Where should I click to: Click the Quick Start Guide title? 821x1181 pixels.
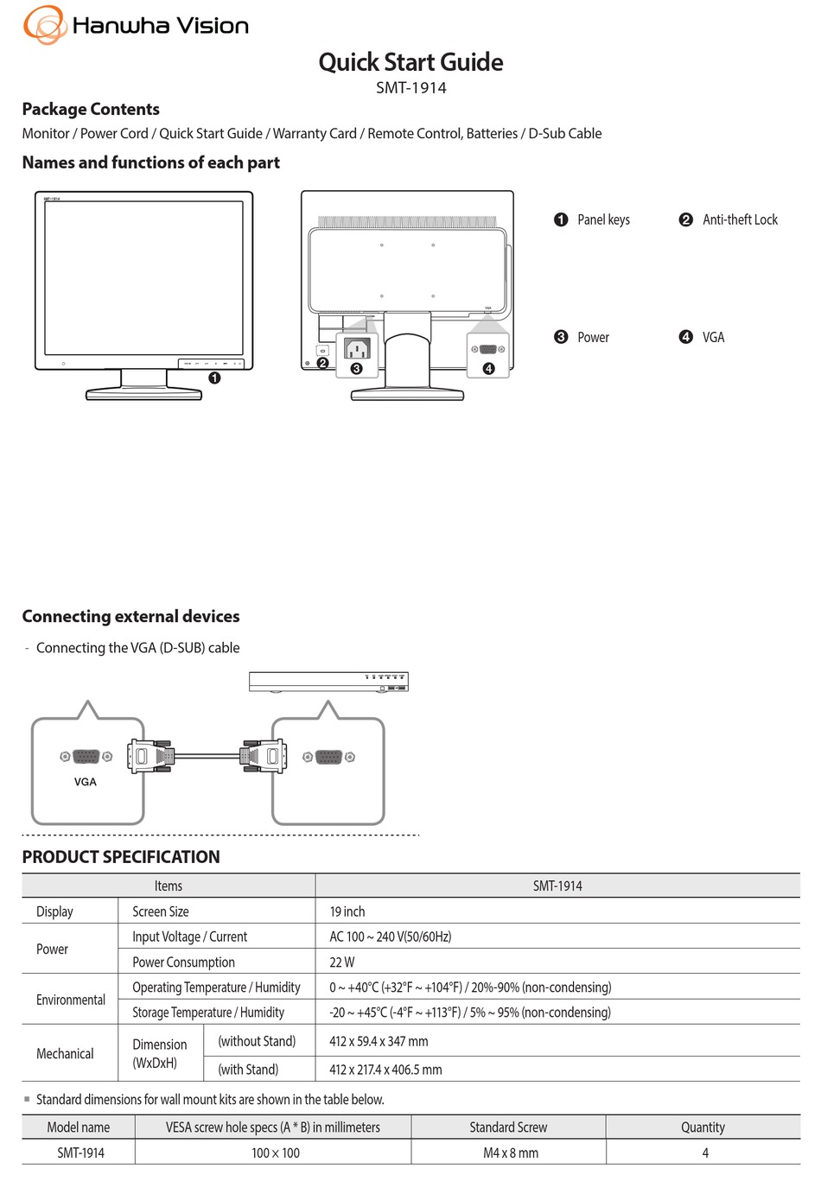click(x=410, y=62)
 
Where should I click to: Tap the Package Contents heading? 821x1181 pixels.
click(x=91, y=110)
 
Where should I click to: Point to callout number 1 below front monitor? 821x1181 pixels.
click(x=214, y=378)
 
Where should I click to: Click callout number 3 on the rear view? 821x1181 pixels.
click(x=357, y=369)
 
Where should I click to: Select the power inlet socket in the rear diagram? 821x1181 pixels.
click(x=357, y=348)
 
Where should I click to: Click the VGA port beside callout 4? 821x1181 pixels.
click(x=487, y=349)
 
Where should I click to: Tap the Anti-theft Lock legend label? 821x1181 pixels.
click(x=740, y=220)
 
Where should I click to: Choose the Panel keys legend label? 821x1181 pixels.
click(x=603, y=220)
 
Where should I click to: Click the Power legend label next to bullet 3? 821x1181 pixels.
click(x=593, y=338)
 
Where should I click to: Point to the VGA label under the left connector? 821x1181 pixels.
click(x=86, y=782)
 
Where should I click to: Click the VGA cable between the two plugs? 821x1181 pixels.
click(x=207, y=757)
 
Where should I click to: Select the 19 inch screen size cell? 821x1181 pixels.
click(x=347, y=911)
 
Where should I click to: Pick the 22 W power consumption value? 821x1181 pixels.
click(x=342, y=962)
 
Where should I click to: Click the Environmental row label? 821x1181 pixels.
click(x=71, y=1000)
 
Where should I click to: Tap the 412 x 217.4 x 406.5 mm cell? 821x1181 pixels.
click(x=385, y=1070)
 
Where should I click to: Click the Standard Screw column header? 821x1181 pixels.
click(x=508, y=1127)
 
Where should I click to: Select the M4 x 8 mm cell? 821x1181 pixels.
click(x=511, y=1153)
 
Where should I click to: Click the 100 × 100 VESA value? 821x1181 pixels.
click(x=276, y=1153)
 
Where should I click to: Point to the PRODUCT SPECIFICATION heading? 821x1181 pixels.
click(x=121, y=857)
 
